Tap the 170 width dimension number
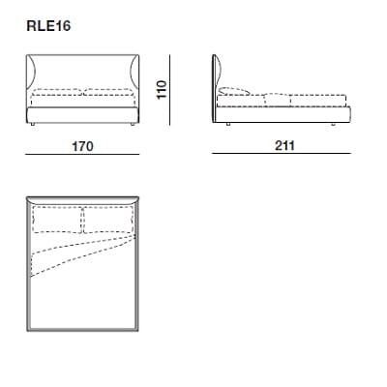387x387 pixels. click(82, 147)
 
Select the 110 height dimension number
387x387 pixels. click(164, 90)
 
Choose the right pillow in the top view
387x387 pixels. click(106, 221)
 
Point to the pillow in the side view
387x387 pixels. click(237, 93)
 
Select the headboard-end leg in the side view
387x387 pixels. click(225, 125)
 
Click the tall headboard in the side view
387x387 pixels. click(214, 87)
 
